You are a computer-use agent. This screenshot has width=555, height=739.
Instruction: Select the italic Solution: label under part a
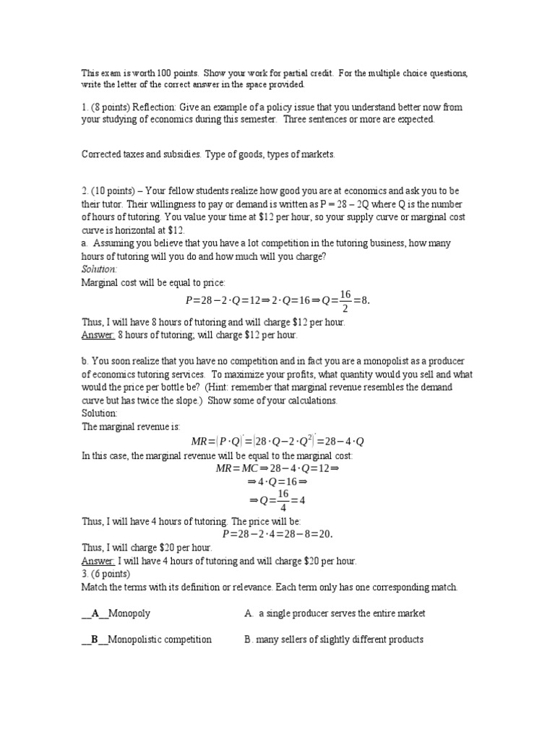click(x=99, y=269)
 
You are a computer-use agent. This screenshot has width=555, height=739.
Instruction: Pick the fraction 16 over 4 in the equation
click(x=278, y=502)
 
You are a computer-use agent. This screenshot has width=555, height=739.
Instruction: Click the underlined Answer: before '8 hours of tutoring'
click(x=98, y=335)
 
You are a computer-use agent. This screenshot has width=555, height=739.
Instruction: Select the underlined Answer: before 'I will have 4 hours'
click(x=98, y=561)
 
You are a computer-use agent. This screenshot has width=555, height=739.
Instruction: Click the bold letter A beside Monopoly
click(x=95, y=613)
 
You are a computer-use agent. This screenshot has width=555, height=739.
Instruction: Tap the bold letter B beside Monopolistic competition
click(x=95, y=639)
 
